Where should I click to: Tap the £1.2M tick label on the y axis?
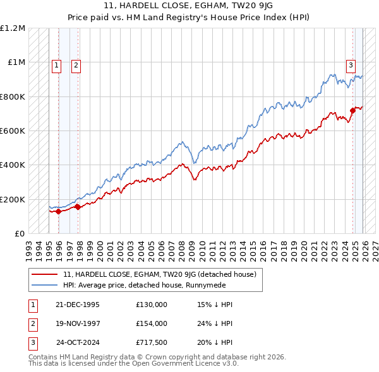click(x=13, y=28)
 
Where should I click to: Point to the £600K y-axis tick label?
click(x=13, y=131)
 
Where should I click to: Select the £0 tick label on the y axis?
click(x=20, y=233)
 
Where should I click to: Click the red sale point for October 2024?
click(x=352, y=110)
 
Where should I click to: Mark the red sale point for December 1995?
click(x=59, y=211)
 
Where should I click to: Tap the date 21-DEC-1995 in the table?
click(x=77, y=305)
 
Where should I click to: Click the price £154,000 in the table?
click(x=152, y=323)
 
